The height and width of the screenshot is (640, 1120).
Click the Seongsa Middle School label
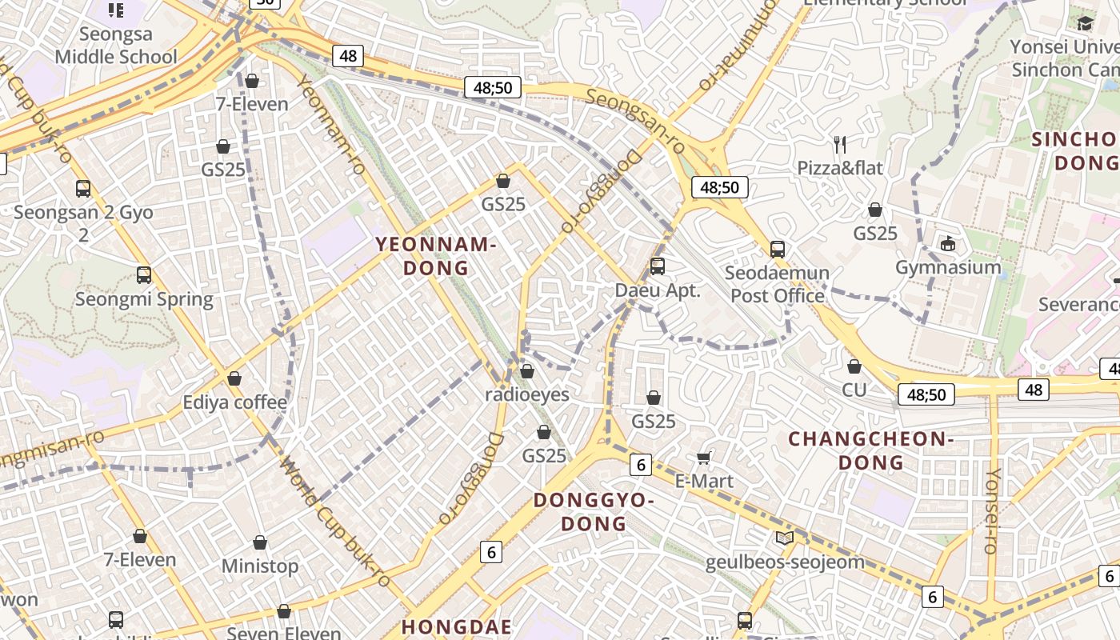click(x=116, y=46)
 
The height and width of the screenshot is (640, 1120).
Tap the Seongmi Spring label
click(x=144, y=299)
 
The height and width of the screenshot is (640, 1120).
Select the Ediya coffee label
click(x=234, y=402)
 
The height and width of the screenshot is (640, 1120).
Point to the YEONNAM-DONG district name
click(x=436, y=256)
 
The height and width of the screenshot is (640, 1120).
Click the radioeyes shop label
click(x=527, y=394)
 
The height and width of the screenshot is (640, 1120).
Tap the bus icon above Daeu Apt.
click(x=658, y=266)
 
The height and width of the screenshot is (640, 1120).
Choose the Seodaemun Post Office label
click(x=777, y=284)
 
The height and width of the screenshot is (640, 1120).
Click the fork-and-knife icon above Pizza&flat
click(x=840, y=145)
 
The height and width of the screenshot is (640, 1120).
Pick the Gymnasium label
click(x=948, y=267)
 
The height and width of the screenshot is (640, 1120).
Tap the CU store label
click(x=854, y=390)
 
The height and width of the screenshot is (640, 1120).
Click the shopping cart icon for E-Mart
click(x=704, y=458)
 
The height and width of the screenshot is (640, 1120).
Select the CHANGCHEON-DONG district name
click(x=870, y=450)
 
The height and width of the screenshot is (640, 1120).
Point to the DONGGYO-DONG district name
click(x=594, y=512)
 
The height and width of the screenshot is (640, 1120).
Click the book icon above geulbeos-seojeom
click(x=785, y=538)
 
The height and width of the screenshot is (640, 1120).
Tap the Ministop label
click(x=260, y=566)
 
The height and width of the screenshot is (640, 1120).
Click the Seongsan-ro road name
click(x=635, y=121)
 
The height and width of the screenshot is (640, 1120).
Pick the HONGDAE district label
click(x=455, y=626)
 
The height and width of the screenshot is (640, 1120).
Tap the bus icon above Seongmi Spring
click(x=144, y=275)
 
